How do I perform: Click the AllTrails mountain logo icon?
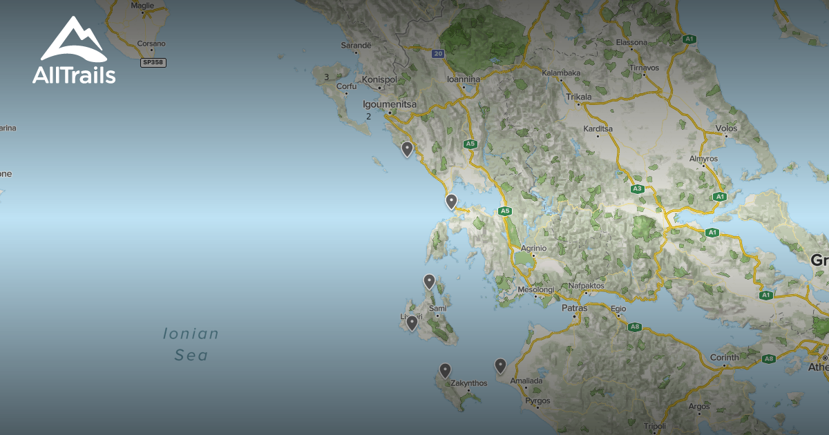pyautogui.click(x=73, y=39)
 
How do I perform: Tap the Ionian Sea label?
pyautogui.click(x=191, y=345)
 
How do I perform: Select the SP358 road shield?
pyautogui.click(x=153, y=63)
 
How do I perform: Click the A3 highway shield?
pyautogui.click(x=637, y=188)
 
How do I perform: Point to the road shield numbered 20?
pyautogui.click(x=438, y=53)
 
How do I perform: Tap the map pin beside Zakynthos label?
pyautogui.click(x=445, y=371)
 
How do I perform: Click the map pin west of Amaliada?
pyautogui.click(x=500, y=365)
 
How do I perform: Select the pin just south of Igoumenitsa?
pyautogui.click(x=407, y=148)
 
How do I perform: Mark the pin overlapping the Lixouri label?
pyautogui.click(x=412, y=322)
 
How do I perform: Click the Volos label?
pyautogui.click(x=726, y=128)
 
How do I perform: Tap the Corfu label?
pyautogui.click(x=346, y=86)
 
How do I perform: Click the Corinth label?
pyautogui.click(x=724, y=358)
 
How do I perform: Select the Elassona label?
pyautogui.click(x=631, y=42)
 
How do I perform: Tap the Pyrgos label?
pyautogui.click(x=537, y=400)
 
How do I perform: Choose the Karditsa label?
pyautogui.click(x=598, y=128)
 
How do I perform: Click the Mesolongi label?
pyautogui.click(x=536, y=289)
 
